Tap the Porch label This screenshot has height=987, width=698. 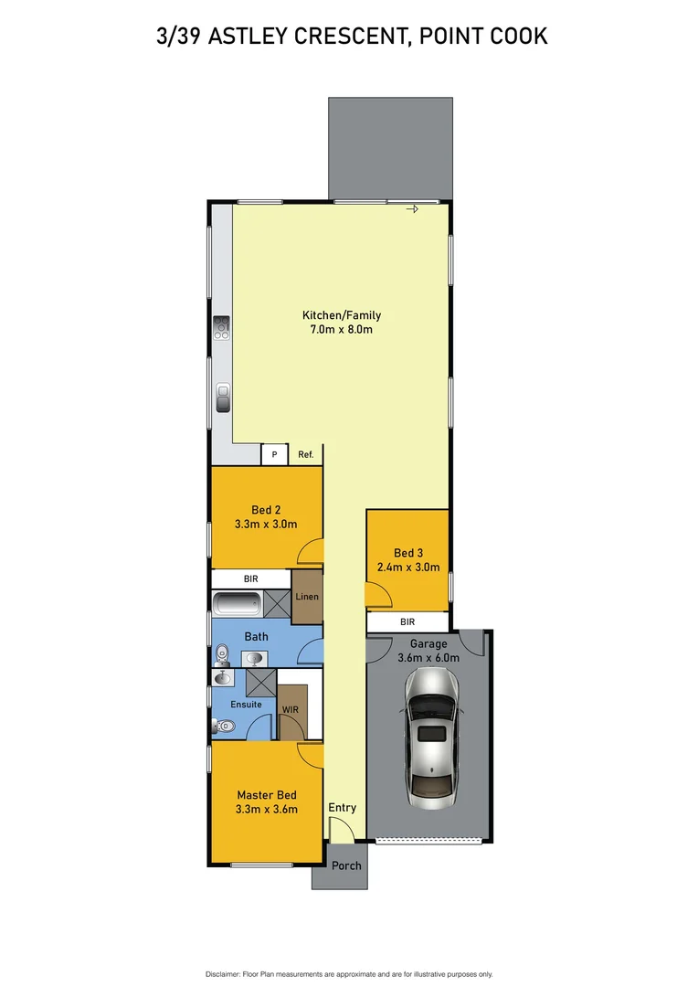coord(346,865)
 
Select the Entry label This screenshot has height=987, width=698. coord(343,808)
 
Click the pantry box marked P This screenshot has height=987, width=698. coord(274,454)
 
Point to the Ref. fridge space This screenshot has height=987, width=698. coord(304,454)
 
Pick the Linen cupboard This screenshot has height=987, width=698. coord(307,597)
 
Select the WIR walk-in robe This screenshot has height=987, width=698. coord(291,710)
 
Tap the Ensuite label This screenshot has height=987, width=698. coord(246,705)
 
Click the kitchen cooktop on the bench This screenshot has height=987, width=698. coord(221,327)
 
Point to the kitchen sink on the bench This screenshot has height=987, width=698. coord(223,398)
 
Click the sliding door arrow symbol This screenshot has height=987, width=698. coord(411,209)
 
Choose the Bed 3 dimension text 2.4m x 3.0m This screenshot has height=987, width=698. coord(408,567)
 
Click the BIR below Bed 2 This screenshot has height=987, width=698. coord(250,579)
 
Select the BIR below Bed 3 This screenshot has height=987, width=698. coord(407,621)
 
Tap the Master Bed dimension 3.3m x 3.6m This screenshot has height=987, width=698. coord(267,809)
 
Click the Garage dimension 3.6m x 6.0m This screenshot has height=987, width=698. coord(428,657)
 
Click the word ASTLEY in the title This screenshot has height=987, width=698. coord(265,37)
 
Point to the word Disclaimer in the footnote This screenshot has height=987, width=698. coord(221,974)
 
